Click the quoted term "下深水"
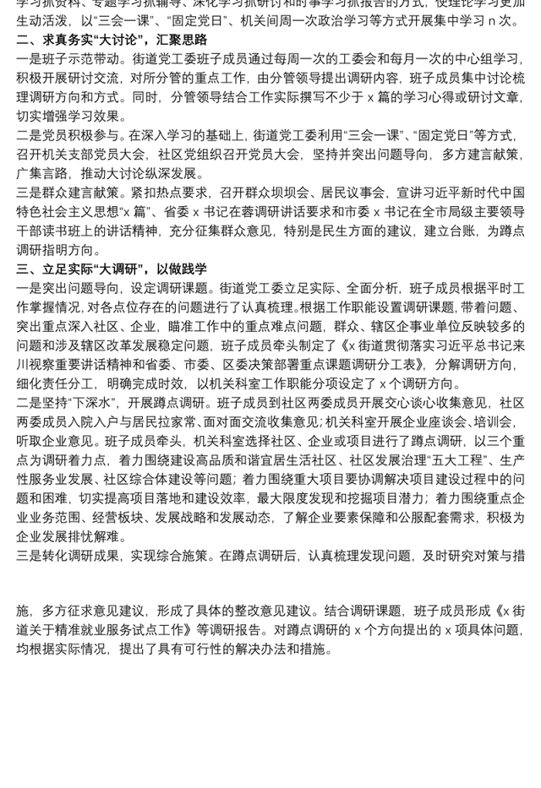tap(92, 403)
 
